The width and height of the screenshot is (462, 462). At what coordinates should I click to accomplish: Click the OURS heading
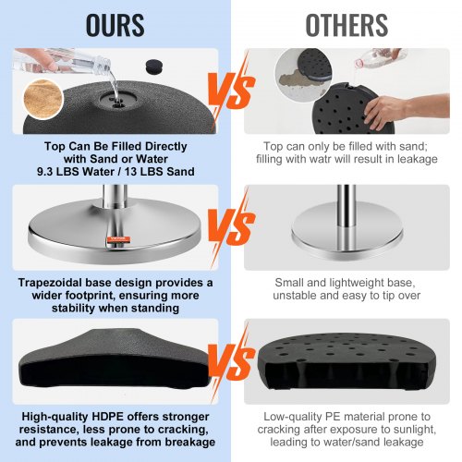point(115,25)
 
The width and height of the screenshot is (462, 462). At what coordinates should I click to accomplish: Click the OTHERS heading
point(346,25)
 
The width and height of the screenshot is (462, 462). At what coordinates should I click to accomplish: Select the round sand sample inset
point(43,99)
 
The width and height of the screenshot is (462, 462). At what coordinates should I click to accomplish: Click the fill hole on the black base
point(118,100)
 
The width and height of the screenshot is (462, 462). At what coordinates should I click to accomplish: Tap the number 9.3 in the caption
point(44,172)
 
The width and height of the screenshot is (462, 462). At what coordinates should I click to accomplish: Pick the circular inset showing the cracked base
point(303,75)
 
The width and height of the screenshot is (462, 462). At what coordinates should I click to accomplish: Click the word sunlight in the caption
point(414,430)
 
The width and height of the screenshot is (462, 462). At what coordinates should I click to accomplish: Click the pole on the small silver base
point(346,206)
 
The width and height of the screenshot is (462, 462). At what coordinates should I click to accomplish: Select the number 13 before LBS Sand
point(130,172)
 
